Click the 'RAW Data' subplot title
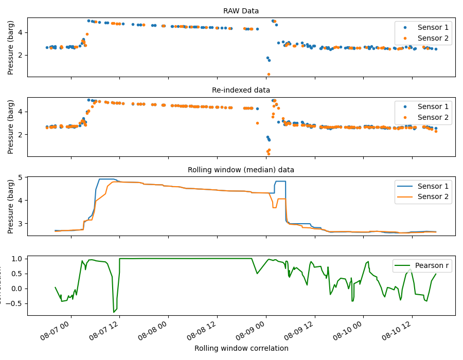pyautogui.click(x=241, y=11)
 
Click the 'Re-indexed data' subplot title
pyautogui.click(x=241, y=90)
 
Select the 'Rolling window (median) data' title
pyautogui.click(x=241, y=170)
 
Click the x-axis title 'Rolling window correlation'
pyautogui.click(x=241, y=348)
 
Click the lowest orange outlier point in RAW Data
pyautogui.click(x=269, y=74)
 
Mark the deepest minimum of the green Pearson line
pyautogui.click(x=114, y=312)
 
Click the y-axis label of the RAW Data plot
pyautogui.click(x=11, y=47)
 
